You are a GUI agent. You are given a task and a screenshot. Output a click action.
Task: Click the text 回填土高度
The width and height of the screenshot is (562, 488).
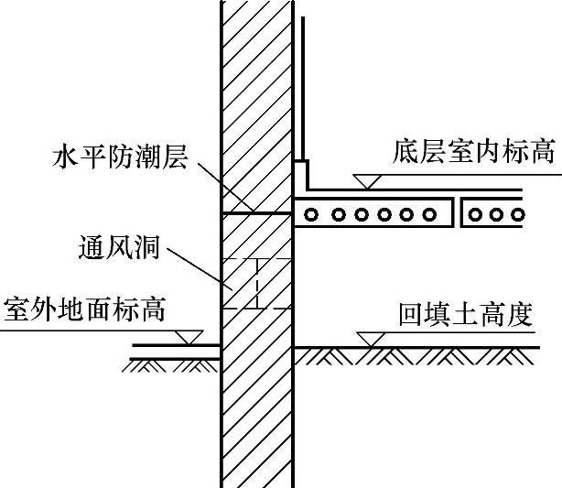pyautogui.click(x=466, y=316)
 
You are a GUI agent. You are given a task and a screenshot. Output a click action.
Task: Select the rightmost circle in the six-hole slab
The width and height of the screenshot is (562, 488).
pyautogui.click(x=429, y=215)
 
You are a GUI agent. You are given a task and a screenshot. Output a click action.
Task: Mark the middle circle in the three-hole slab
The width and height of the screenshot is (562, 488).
pyautogui.click(x=497, y=215)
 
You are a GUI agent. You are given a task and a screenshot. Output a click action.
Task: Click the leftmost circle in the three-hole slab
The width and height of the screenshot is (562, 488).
pyautogui.click(x=477, y=215)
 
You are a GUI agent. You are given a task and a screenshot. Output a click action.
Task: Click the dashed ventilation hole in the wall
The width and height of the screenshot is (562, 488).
pyautogui.click(x=257, y=285)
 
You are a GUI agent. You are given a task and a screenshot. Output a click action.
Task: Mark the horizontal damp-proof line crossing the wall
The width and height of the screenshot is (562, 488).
pyautogui.click(x=256, y=213)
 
